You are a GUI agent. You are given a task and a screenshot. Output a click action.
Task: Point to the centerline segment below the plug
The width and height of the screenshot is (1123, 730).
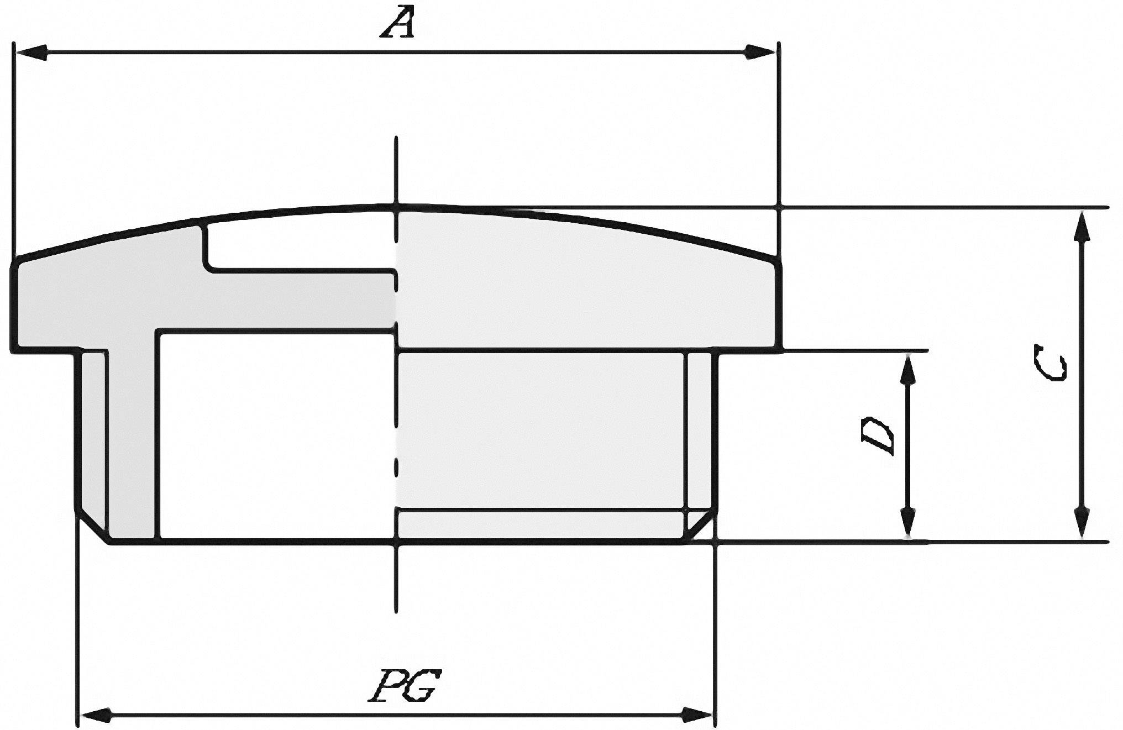pos(396,577)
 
